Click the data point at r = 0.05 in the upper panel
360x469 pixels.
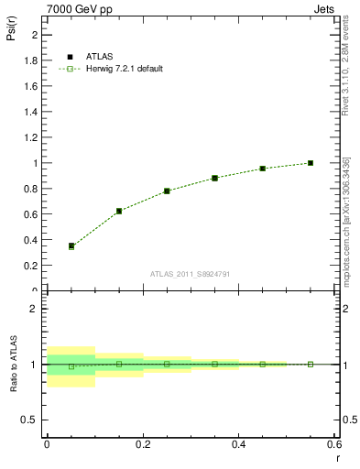71,245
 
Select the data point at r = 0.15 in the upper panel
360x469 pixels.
119,211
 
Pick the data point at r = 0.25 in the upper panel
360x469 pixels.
167,191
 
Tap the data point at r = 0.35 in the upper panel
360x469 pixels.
214,178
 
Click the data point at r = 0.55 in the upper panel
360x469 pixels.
311,163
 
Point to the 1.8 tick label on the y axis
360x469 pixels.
31,60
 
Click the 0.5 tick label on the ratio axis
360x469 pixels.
29,420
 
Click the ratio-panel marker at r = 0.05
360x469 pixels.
71,366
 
